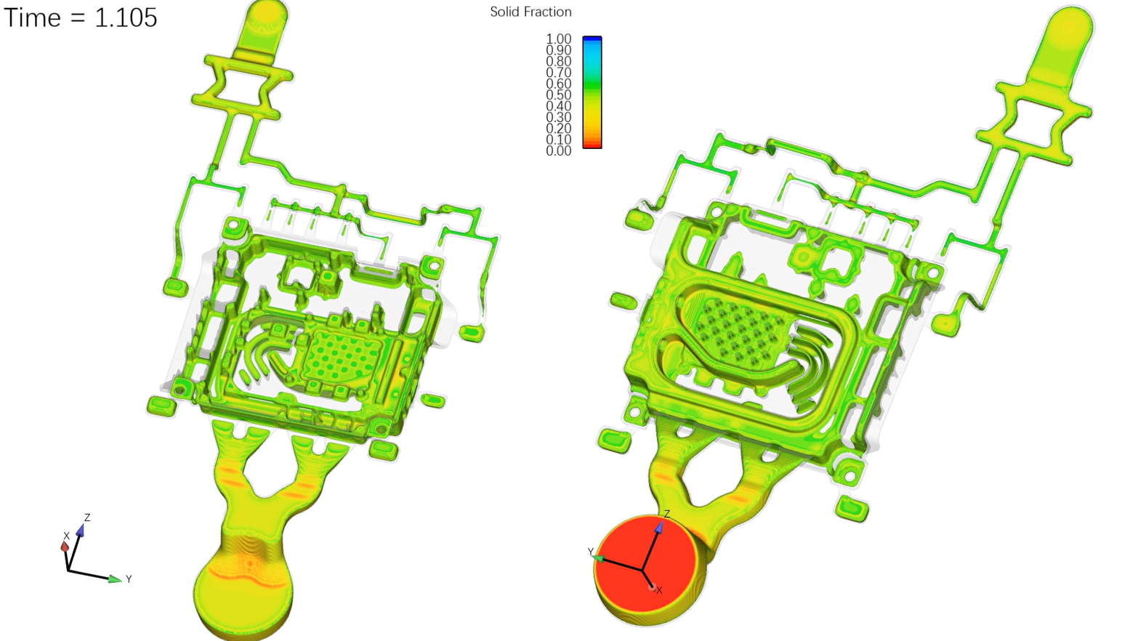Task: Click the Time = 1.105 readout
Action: click(80, 17)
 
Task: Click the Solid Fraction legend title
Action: click(530, 12)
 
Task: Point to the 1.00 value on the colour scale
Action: click(558, 39)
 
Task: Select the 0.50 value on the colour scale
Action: click(558, 95)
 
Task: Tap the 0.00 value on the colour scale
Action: click(558, 151)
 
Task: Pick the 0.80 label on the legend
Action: click(558, 62)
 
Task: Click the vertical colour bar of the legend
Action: click(592, 92)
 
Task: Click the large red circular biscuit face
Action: click(646, 564)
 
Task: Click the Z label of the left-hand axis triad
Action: click(87, 517)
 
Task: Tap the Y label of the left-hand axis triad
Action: click(129, 579)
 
